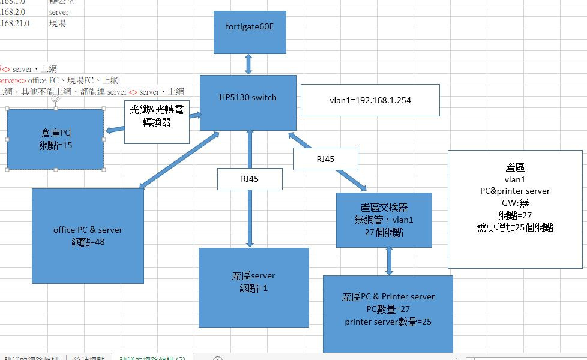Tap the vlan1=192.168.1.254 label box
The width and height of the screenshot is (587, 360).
pyautogui.click(x=370, y=100)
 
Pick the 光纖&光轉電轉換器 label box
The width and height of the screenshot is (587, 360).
pyautogui.click(x=157, y=122)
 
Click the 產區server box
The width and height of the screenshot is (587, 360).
pyautogui.click(x=253, y=287)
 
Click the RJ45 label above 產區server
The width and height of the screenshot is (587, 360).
pyautogui.click(x=250, y=179)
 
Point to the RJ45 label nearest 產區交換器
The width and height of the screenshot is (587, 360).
pyautogui.click(x=325, y=159)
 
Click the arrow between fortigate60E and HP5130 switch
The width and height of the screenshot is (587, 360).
pyautogui.click(x=247, y=64)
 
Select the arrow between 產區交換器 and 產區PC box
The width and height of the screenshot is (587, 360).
pyautogui.click(x=388, y=261)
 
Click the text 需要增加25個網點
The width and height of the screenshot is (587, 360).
pyautogui.click(x=516, y=228)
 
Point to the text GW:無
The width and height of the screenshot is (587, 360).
pyautogui.click(x=516, y=203)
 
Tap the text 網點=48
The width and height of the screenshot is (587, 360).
pyautogui.click(x=88, y=242)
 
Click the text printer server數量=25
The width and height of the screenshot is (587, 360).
pyautogui.click(x=388, y=322)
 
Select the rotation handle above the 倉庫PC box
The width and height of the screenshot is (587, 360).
pyautogui.click(x=55, y=98)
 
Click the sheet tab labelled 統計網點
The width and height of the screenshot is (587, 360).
pyautogui.click(x=88, y=357)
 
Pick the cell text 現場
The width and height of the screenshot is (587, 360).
pyautogui.click(x=57, y=23)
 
